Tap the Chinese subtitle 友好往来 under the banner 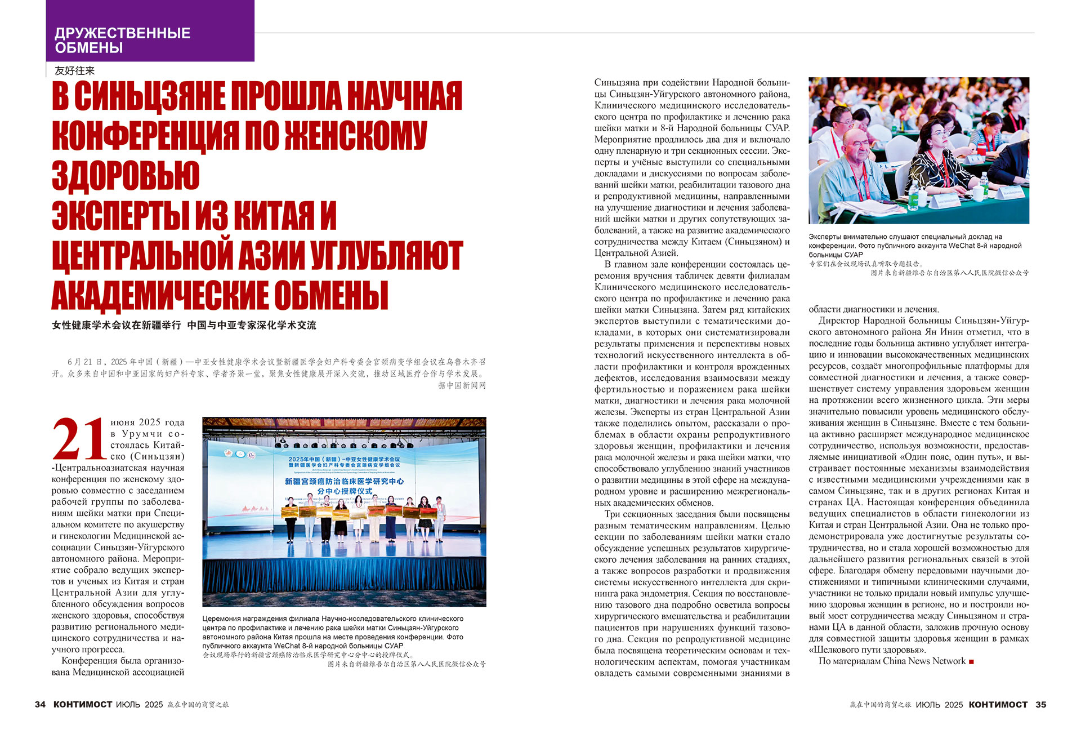tap(74, 70)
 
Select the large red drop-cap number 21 tap(79, 439)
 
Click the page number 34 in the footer tap(40, 704)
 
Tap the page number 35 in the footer tap(1040, 704)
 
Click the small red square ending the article tap(971, 661)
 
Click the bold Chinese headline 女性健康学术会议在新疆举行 tap(117, 325)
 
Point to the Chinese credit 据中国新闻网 tap(462, 385)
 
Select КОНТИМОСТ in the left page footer tap(83, 704)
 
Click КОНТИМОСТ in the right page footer tap(998, 704)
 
